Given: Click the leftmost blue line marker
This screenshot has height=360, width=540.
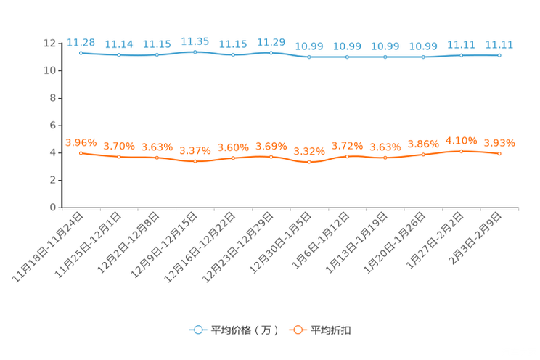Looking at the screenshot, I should tap(81, 53).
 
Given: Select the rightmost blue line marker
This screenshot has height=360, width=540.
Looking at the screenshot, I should tap(499, 55).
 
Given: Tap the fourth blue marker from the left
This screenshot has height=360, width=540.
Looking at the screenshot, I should tap(195, 52).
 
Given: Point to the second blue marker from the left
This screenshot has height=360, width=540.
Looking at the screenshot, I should tap(119, 55).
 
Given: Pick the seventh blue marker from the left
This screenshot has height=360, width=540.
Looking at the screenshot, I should tap(309, 57).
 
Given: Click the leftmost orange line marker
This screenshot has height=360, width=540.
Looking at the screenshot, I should tap(81, 153).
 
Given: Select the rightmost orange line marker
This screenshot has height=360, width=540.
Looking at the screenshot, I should tap(499, 154).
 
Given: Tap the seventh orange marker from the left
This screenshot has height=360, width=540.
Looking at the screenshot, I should tap(309, 162).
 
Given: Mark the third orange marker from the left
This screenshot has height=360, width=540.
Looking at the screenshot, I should tap(157, 157).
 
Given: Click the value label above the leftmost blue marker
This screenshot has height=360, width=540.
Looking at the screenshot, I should tap(81, 42).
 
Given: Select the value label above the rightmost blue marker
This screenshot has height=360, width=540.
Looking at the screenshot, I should tap(499, 44).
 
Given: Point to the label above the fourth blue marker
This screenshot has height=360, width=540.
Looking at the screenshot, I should tap(195, 41).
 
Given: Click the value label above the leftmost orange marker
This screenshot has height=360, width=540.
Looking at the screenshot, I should tap(81, 142).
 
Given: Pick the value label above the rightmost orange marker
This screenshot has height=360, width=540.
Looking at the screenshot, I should tap(499, 143).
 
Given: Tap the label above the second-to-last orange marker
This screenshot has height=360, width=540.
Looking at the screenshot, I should tap(461, 140).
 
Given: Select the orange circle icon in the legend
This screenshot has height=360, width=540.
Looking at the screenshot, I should tap(297, 330).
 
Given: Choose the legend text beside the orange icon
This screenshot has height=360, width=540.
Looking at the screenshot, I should tap(332, 330).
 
